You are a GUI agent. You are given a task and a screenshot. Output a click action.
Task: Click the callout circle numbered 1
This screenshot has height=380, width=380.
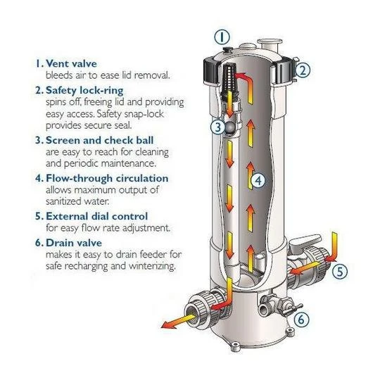[220, 37]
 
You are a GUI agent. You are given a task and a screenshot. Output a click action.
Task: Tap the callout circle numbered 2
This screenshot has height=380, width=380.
[303, 70]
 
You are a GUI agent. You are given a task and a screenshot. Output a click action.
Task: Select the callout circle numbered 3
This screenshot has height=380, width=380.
[218, 127]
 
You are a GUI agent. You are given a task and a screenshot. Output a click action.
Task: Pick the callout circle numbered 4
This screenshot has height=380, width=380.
[258, 181]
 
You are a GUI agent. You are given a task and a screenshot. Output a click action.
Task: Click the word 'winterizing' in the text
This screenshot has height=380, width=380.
[150, 267]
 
